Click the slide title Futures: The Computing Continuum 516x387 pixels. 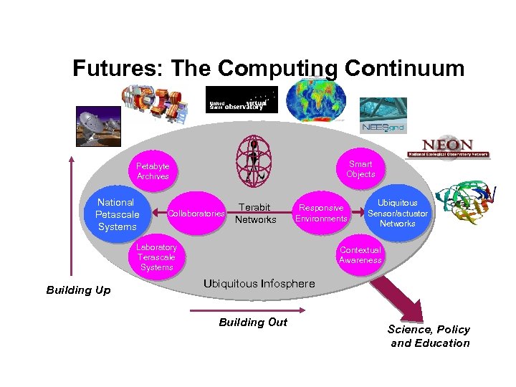coord(268,68)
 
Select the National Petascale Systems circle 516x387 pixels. coord(116,214)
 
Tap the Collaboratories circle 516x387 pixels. coord(196,214)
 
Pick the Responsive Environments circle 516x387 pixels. coord(321,214)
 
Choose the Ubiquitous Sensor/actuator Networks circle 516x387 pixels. coord(398,214)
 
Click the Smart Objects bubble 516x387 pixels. coord(360,169)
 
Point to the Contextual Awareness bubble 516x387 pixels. coord(360,255)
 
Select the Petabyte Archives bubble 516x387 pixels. coord(153,171)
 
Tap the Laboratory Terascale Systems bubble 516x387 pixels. coord(157,257)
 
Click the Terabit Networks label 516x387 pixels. coord(255,214)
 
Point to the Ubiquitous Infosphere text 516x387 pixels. coord(259,284)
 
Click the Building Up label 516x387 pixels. coord(78,290)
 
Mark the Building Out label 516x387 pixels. coord(252,322)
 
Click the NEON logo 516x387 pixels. coord(447,148)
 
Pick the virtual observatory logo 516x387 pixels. coord(242,100)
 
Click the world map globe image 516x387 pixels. coord(315,99)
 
